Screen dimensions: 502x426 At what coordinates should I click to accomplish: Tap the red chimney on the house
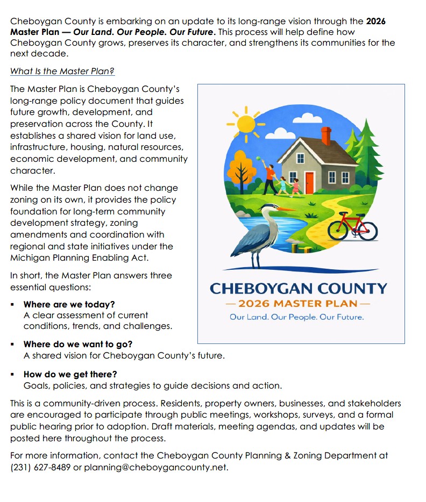pos(325,135)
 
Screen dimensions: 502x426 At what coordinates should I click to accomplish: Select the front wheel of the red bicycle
pos(368,231)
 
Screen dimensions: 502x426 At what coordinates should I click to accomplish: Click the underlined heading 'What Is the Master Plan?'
pos(62,71)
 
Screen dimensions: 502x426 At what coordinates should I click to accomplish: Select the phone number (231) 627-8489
pos(40,467)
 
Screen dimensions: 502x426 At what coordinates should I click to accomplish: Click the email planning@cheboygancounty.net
pos(156,467)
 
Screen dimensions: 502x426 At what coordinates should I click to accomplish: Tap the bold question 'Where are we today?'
pos(69,304)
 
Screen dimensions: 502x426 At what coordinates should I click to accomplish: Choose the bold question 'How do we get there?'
pos(70,374)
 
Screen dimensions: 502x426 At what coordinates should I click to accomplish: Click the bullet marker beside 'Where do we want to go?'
pos(12,344)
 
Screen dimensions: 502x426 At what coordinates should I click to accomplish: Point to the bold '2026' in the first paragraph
pos(375,22)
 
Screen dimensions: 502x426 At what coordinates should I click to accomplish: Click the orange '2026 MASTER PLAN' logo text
pos(297,304)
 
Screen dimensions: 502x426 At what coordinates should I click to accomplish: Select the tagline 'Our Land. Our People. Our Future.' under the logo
pos(296,317)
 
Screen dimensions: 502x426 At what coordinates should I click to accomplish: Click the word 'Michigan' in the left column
pos(27,258)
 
